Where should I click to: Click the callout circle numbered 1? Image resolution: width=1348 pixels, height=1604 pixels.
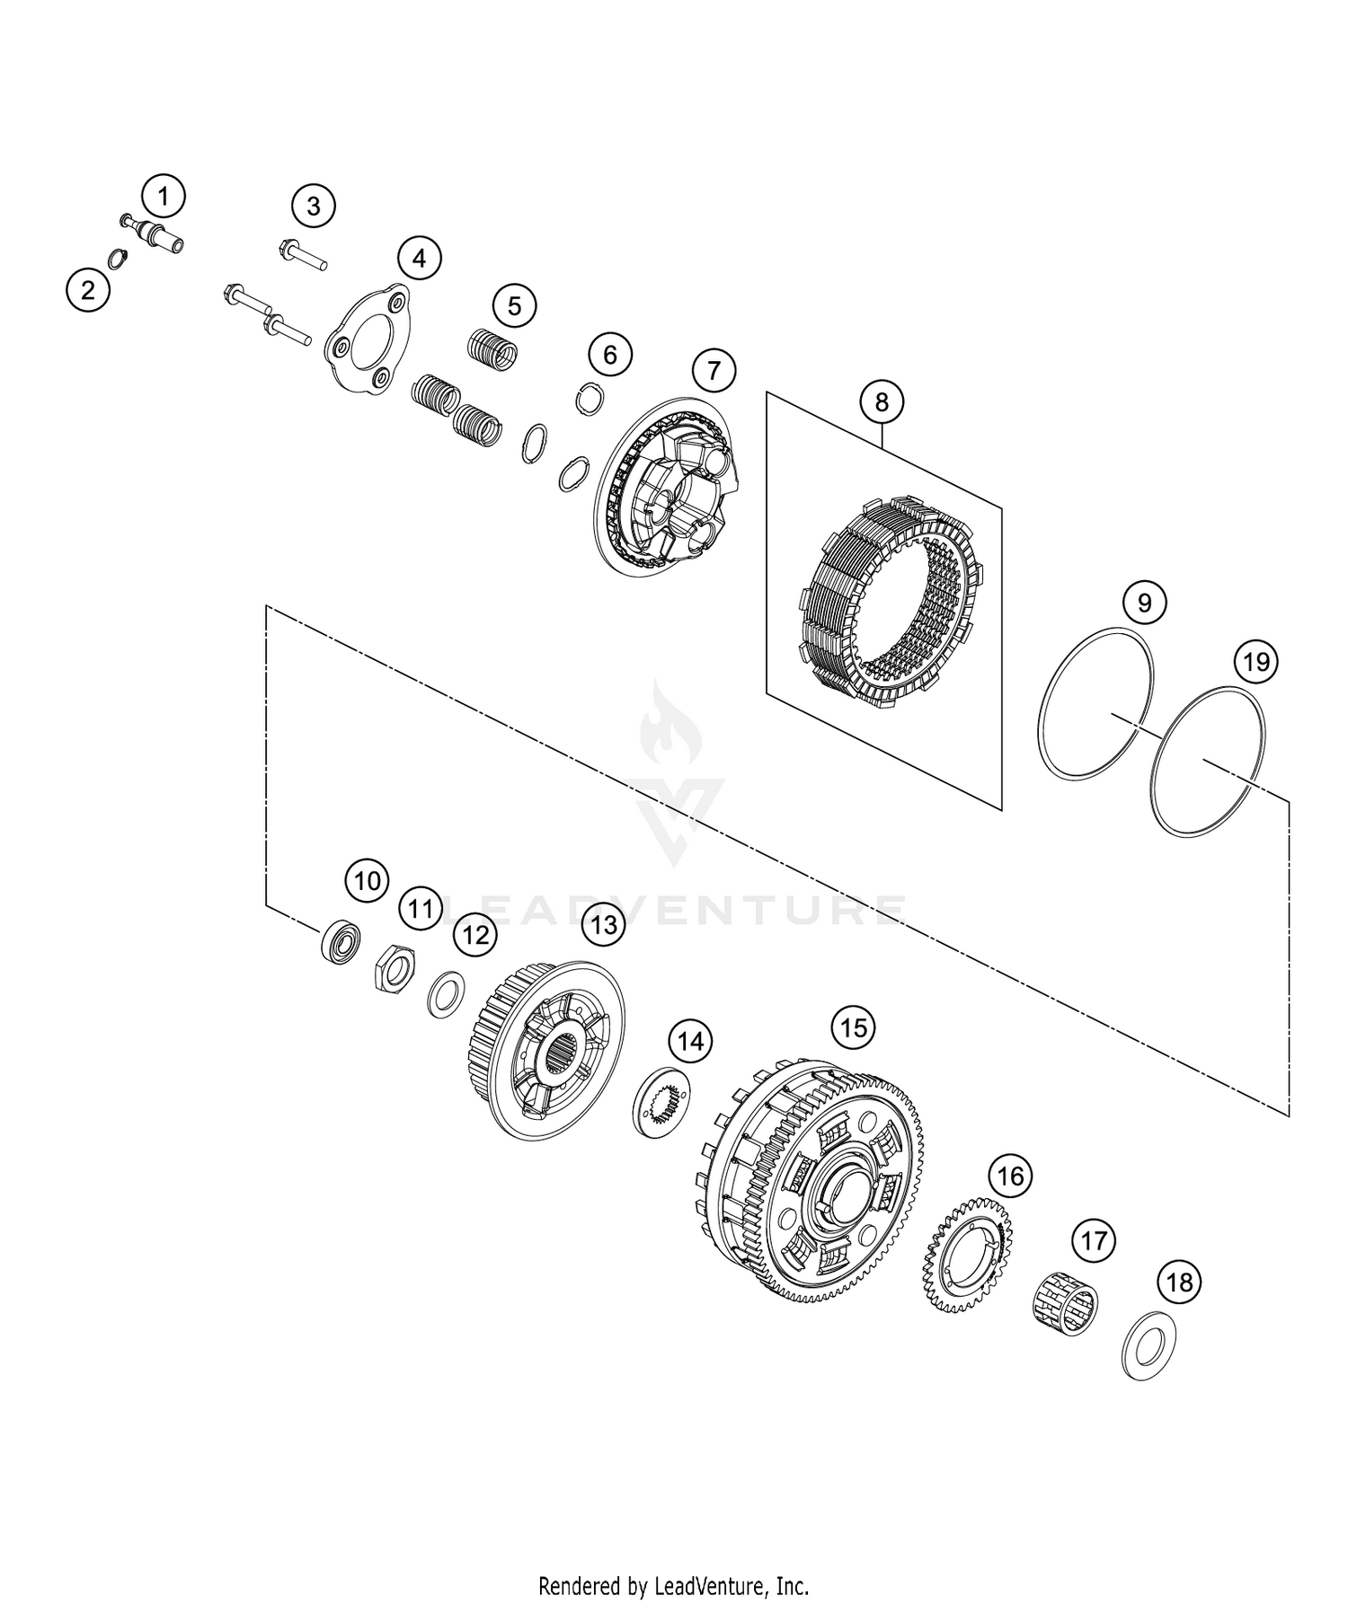tap(164, 195)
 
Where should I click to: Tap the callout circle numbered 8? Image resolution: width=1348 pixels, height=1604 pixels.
tap(882, 402)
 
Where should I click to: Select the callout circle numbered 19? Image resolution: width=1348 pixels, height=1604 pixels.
tap(1256, 663)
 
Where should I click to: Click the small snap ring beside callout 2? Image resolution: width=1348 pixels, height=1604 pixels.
tap(116, 259)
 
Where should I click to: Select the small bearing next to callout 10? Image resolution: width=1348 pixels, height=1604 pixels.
tap(341, 939)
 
